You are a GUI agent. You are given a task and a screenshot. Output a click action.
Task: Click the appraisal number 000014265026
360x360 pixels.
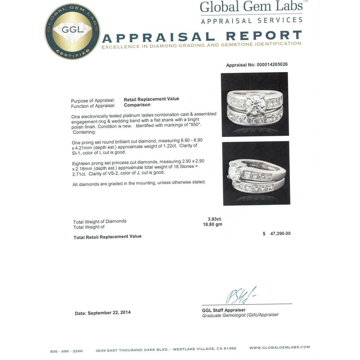pyautogui.click(x=272, y=64)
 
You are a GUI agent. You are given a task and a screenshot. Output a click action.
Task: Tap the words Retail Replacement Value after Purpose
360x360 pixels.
pyautogui.click(x=151, y=99)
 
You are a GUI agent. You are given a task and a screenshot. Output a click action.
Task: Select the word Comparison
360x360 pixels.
pyautogui.click(x=137, y=105)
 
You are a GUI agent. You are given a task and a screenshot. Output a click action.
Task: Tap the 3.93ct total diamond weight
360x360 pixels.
pyautogui.click(x=215, y=219)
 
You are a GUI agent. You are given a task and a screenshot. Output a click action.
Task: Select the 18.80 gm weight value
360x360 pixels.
pyautogui.click(x=212, y=224)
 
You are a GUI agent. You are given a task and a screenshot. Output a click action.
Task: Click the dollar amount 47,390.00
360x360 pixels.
pyautogui.click(x=280, y=233)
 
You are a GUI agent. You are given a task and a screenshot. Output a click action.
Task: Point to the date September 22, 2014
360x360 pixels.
pyautogui.click(x=109, y=313)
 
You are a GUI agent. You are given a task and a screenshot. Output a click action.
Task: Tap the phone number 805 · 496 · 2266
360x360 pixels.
pyautogui.click(x=66, y=351)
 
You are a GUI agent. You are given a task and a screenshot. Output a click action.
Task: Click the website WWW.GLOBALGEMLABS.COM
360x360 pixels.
pyautogui.click(x=279, y=347)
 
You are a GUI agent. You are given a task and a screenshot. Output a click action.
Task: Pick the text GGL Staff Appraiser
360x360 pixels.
pyautogui.click(x=223, y=310)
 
